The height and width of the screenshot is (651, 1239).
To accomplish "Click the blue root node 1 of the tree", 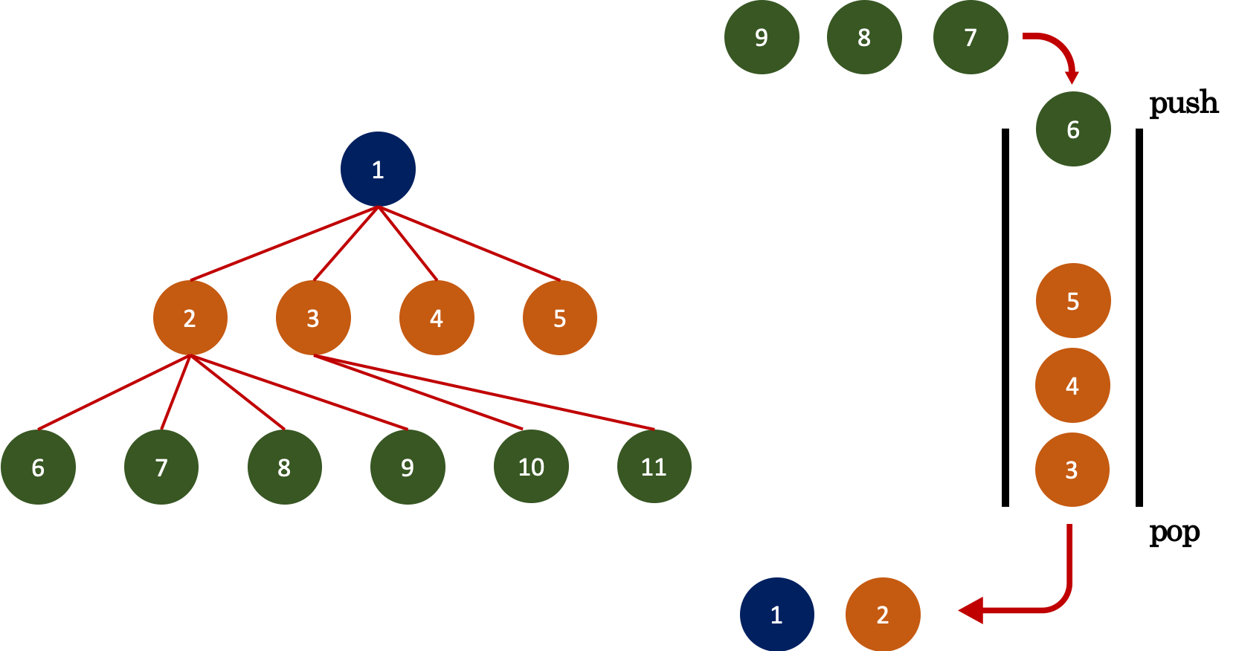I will [378, 169].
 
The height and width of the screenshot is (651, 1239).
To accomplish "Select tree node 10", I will [531, 467].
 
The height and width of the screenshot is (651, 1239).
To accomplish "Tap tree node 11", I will [654, 467].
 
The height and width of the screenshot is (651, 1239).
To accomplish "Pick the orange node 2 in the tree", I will [190, 318].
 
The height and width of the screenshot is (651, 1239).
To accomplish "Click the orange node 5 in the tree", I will [559, 318].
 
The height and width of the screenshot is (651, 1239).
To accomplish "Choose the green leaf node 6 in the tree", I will [38, 467].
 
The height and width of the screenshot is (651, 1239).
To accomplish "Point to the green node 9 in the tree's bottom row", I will [408, 467].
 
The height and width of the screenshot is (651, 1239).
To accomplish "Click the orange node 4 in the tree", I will [437, 318].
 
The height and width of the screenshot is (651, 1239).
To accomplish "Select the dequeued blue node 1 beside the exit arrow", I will [776, 615].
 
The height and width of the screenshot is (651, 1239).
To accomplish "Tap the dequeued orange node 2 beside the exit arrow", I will [883, 615].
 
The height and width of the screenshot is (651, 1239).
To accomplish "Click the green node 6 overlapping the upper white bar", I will [1073, 129].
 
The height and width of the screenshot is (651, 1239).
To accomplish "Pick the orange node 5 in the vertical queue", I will [1073, 301].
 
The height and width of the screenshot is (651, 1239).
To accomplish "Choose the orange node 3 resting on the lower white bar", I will [1072, 470].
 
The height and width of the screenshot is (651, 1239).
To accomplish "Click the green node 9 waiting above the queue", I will [762, 37].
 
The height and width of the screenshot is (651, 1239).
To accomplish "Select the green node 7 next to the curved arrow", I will [971, 37].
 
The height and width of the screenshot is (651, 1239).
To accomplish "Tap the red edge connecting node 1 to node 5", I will [469, 244].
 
